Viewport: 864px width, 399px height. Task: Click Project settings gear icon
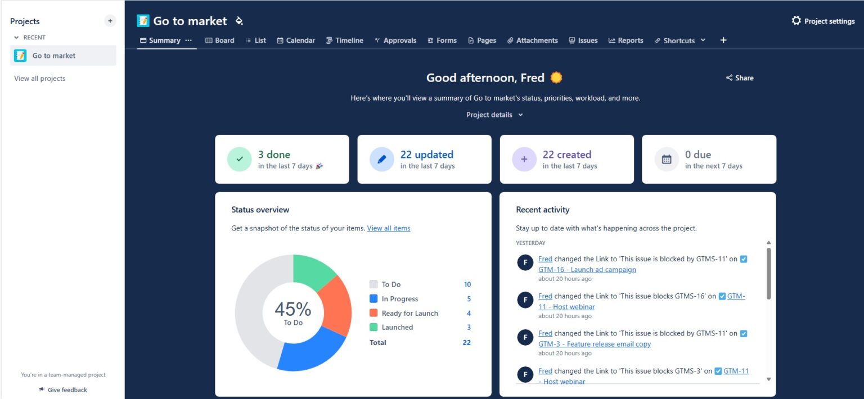click(796, 21)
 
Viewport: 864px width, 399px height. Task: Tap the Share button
click(740, 78)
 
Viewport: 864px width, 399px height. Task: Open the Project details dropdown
click(494, 115)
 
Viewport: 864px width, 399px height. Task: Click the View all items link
click(389, 228)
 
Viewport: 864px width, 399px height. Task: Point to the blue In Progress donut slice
click(309, 351)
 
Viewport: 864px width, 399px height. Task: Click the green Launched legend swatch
click(373, 327)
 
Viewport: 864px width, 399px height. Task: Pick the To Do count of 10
click(467, 284)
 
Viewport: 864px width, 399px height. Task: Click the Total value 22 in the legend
click(466, 342)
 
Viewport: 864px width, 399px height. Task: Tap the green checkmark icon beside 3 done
click(240, 159)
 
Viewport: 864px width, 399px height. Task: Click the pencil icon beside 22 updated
click(382, 159)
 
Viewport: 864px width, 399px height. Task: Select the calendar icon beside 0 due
click(667, 159)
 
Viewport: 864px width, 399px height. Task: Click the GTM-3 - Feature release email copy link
click(594, 344)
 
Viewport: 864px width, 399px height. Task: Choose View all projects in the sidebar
click(40, 79)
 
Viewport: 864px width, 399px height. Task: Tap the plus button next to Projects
click(110, 21)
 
